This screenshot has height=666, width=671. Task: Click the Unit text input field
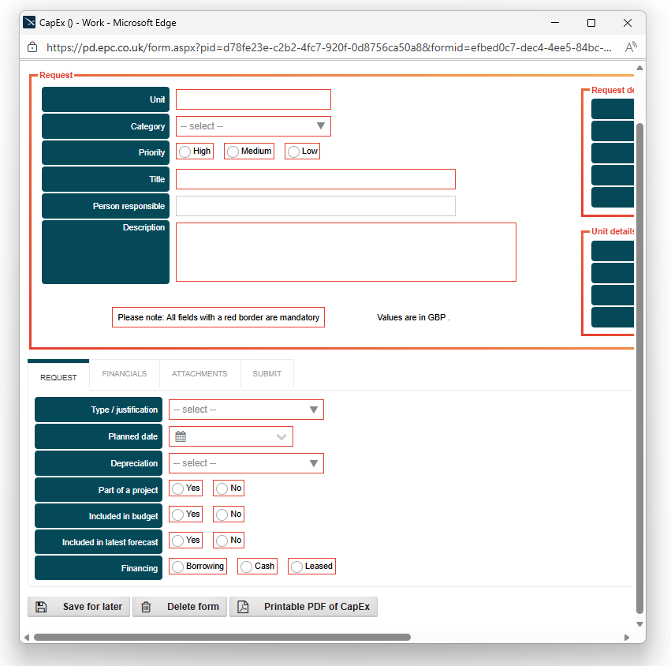click(x=253, y=99)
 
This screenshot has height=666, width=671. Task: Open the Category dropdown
click(x=253, y=126)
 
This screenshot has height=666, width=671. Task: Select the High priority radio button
click(x=185, y=152)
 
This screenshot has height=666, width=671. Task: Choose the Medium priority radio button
click(x=233, y=152)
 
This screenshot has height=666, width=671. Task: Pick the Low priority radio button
click(x=293, y=152)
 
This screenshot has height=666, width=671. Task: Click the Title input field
click(x=315, y=179)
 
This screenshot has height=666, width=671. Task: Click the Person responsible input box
click(x=315, y=206)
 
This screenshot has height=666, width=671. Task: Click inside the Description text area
click(x=345, y=252)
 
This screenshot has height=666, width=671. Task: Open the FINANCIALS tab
click(x=125, y=374)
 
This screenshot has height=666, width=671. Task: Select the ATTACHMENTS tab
click(x=199, y=374)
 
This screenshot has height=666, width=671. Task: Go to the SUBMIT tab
click(x=267, y=374)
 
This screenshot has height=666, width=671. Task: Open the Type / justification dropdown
click(x=246, y=410)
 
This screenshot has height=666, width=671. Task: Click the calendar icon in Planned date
click(x=181, y=436)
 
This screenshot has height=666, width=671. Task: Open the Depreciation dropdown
click(x=246, y=463)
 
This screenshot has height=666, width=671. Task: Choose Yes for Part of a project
click(x=178, y=489)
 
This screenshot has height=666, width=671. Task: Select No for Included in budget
click(x=222, y=515)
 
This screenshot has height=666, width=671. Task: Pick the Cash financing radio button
click(x=246, y=567)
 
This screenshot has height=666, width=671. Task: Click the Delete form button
click(x=180, y=607)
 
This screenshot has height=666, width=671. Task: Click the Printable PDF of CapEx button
click(x=304, y=607)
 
